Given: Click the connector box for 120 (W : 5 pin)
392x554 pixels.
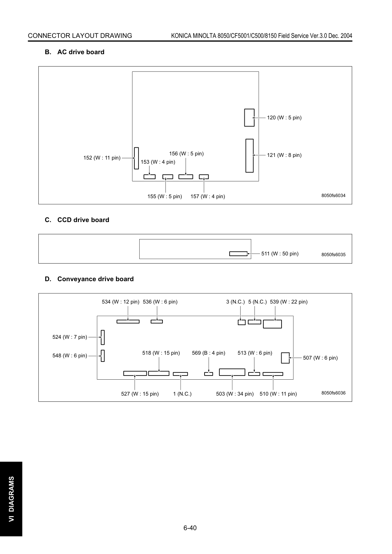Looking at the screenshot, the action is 249,117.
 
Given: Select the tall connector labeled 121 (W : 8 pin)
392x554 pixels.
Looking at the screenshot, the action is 249,156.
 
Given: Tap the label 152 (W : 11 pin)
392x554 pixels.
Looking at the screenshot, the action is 102,158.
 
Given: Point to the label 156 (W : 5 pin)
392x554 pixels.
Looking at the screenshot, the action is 186,153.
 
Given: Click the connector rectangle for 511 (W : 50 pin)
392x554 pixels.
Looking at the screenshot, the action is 238,254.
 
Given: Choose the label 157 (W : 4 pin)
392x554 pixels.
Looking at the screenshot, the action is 208,196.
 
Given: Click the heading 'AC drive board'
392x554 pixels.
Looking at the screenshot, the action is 81,52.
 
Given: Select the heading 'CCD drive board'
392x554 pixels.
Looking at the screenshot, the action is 83,220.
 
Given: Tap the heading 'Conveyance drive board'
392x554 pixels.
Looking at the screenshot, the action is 95,279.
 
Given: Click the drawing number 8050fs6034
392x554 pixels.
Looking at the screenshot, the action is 333,196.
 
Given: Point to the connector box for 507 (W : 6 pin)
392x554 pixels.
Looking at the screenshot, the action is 285,358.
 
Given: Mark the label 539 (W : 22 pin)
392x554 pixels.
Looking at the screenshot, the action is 289,302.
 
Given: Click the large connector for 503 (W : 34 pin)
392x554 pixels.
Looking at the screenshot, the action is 232,372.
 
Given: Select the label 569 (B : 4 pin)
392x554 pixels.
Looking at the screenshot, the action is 208,353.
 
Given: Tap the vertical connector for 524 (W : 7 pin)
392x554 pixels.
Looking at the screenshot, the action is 102,337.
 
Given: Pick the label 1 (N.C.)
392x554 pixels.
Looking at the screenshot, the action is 182,394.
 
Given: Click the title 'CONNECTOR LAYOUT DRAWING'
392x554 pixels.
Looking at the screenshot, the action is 80,36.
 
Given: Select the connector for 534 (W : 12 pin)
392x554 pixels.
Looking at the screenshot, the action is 128,321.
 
